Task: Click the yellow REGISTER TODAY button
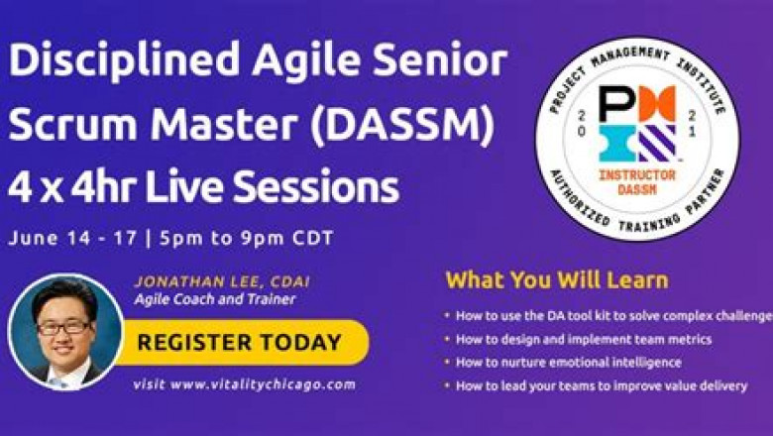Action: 239,344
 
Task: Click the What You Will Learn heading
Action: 556,279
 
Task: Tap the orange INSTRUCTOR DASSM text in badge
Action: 637,179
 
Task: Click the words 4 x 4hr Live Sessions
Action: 203,186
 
